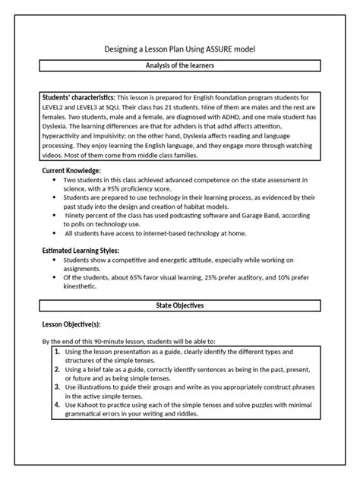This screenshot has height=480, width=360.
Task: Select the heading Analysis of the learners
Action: click(180, 66)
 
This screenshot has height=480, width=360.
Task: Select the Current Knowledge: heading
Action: click(71, 171)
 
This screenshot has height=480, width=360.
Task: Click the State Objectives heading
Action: click(180, 305)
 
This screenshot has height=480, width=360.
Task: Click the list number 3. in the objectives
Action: click(58, 386)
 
